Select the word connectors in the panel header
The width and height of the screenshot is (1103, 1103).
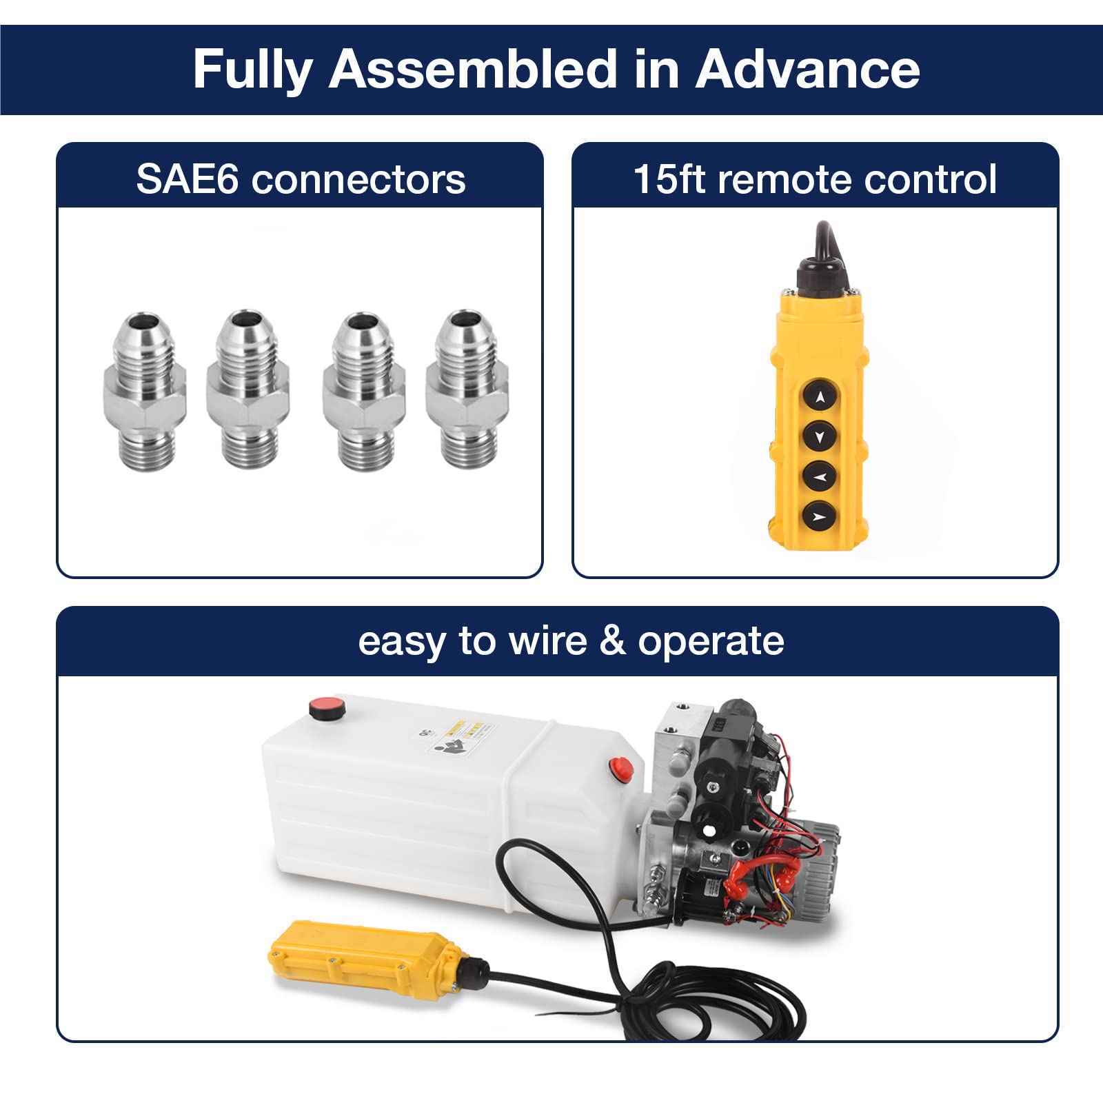click(x=358, y=179)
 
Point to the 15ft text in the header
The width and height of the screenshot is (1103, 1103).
click(x=665, y=179)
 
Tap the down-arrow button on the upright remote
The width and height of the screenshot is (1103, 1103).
click(x=820, y=436)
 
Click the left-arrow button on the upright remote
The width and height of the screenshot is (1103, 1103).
click(x=820, y=476)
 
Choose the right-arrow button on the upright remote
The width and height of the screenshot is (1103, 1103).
click(x=820, y=515)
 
